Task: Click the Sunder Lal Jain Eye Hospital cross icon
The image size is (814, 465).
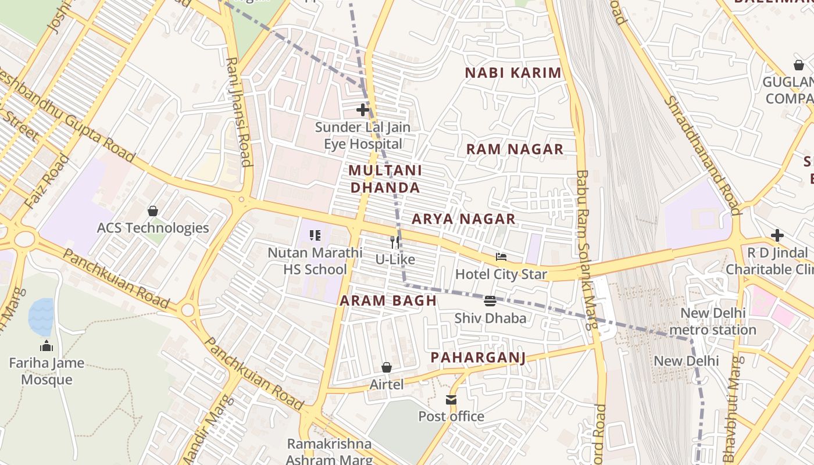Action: pyautogui.click(x=363, y=109)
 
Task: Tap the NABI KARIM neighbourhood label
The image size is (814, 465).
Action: pyautogui.click(x=513, y=73)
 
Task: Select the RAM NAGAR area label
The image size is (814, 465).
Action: pyautogui.click(x=515, y=149)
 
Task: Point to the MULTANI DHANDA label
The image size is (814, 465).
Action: pyautogui.click(x=385, y=179)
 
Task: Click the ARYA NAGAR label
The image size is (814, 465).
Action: pyautogui.click(x=463, y=219)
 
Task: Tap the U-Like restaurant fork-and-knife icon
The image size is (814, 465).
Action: pyautogui.click(x=395, y=242)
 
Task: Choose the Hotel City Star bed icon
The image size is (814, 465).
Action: pyautogui.click(x=501, y=257)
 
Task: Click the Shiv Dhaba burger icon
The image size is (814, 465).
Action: pyautogui.click(x=490, y=301)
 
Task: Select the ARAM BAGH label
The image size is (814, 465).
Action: pyautogui.click(x=388, y=301)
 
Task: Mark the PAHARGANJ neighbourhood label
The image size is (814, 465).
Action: pyautogui.click(x=478, y=357)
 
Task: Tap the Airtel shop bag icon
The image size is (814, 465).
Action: pyautogui.click(x=386, y=367)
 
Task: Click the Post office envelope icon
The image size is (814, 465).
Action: pyautogui.click(x=451, y=400)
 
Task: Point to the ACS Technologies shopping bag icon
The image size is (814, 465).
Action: pyautogui.click(x=153, y=210)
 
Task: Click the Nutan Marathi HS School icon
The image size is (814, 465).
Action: pyautogui.click(x=315, y=235)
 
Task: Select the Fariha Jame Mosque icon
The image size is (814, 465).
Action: pyautogui.click(x=47, y=346)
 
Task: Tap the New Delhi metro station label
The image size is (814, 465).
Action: pyautogui.click(x=712, y=321)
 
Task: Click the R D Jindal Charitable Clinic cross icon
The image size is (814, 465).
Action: pyautogui.click(x=777, y=235)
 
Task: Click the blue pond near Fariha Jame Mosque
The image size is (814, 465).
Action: pyautogui.click(x=41, y=317)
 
